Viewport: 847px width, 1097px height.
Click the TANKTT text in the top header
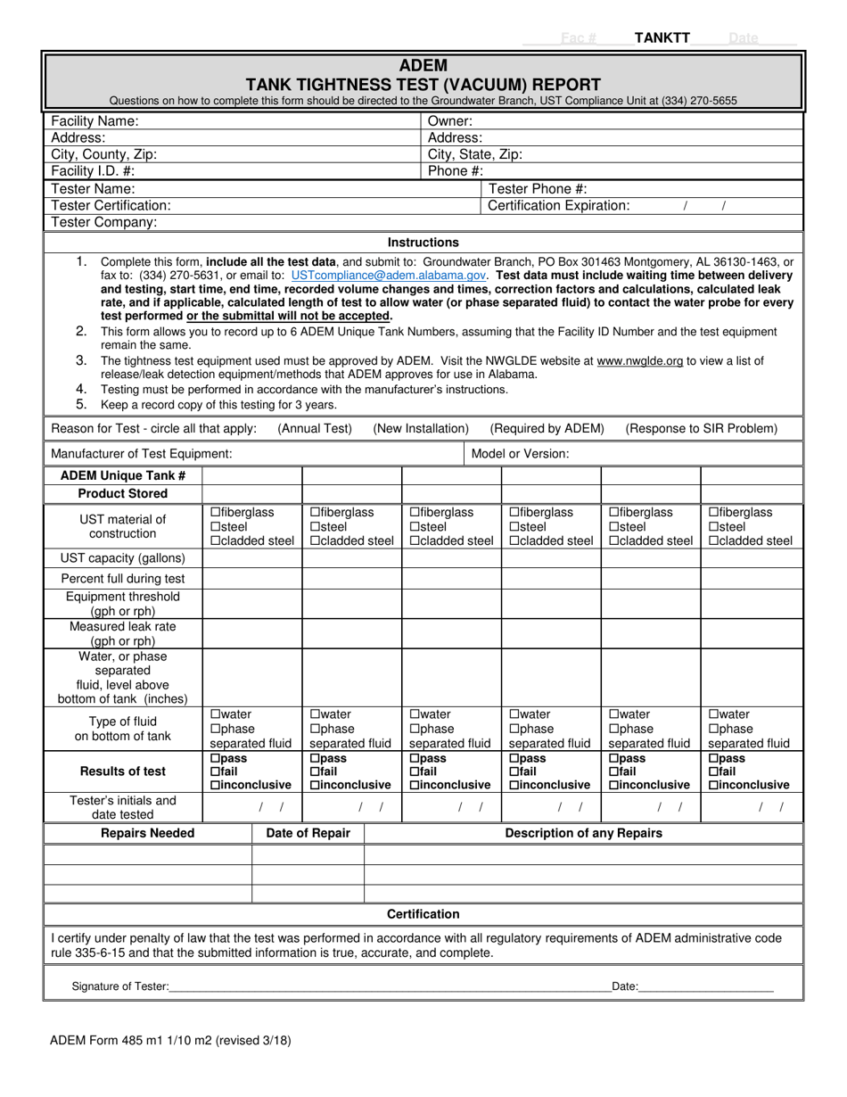click(x=662, y=37)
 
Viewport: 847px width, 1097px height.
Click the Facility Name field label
click(x=95, y=121)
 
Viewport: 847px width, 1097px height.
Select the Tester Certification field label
click(x=111, y=205)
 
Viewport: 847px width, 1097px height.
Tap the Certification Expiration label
click(x=559, y=205)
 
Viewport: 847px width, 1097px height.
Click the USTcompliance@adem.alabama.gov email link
click(x=388, y=276)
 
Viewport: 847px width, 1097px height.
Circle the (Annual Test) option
click(x=315, y=429)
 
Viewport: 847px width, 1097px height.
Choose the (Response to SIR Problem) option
click(x=701, y=429)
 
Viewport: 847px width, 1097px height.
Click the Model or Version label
click(x=520, y=454)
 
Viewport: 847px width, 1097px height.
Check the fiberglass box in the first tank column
click(x=215, y=513)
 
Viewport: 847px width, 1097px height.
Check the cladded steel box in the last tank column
click(x=713, y=541)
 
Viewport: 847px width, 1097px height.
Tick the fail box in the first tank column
click(x=215, y=771)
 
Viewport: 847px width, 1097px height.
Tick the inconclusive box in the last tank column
click(x=713, y=786)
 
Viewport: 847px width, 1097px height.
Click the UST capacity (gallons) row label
click(x=123, y=558)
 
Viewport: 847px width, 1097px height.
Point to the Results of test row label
click(x=123, y=771)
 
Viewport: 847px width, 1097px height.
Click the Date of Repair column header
click(x=308, y=834)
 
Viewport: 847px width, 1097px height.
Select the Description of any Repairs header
click(x=583, y=834)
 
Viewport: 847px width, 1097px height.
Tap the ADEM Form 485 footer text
click(x=170, y=1040)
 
